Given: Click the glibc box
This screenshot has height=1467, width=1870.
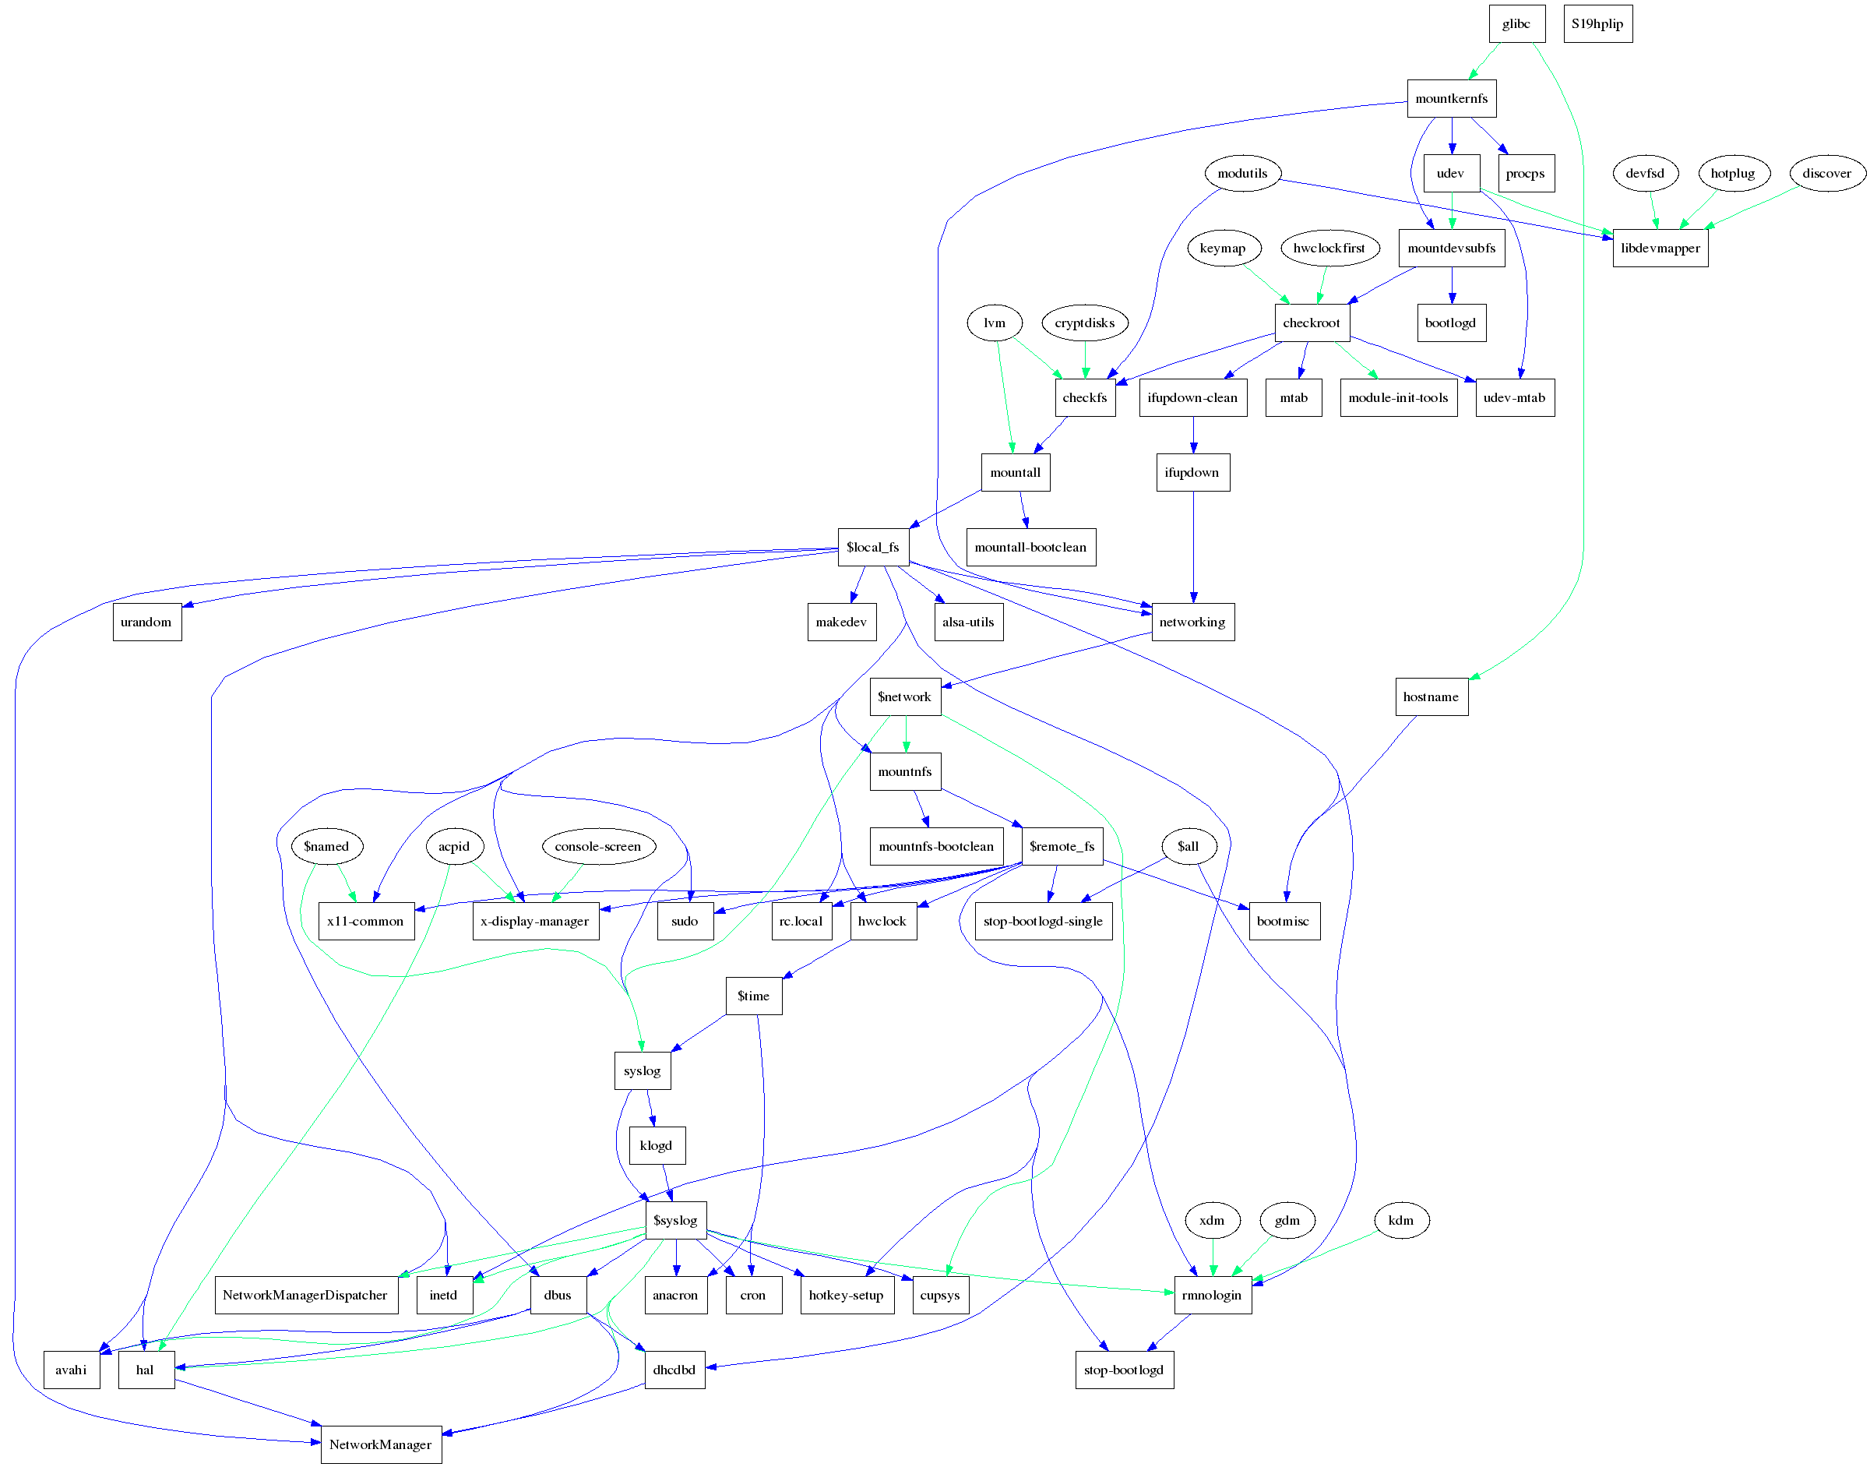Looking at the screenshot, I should (x=1516, y=24).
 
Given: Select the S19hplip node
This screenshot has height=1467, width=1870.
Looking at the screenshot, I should (x=1597, y=24).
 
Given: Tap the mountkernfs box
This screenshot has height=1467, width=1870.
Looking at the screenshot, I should (x=1451, y=99).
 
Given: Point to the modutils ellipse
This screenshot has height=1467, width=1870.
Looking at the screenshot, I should (x=1241, y=174).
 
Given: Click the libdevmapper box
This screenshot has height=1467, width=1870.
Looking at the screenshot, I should (x=1660, y=249).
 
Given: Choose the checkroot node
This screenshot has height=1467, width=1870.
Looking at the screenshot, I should (x=1311, y=323).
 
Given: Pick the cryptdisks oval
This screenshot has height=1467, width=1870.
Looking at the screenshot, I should (x=1084, y=323).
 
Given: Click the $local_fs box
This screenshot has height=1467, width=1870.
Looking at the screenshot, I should (x=872, y=547).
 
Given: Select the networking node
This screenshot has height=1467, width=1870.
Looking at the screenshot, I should (x=1192, y=622).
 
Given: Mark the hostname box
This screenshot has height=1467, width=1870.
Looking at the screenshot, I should (x=1431, y=696).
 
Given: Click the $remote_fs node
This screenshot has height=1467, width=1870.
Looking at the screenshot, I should (x=1062, y=846).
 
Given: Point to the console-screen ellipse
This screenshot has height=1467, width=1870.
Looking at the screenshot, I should (x=597, y=846).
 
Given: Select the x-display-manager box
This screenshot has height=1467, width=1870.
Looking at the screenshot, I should (x=535, y=921).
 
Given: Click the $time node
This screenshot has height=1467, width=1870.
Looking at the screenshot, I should (x=753, y=996).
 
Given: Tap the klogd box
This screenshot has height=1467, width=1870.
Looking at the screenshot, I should (x=656, y=1145).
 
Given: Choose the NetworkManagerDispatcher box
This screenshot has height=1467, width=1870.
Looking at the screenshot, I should (x=305, y=1294).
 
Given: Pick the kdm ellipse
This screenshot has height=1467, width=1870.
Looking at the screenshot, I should (x=1400, y=1219).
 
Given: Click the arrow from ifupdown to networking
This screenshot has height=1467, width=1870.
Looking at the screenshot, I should (x=1192, y=550).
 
